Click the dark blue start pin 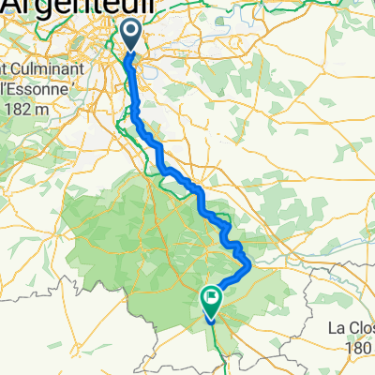(131, 36)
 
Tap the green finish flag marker (211, 300)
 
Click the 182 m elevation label (36, 109)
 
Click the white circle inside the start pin (131, 32)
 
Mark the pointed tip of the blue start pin (131, 52)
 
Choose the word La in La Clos (336, 329)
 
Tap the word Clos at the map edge (360, 329)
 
